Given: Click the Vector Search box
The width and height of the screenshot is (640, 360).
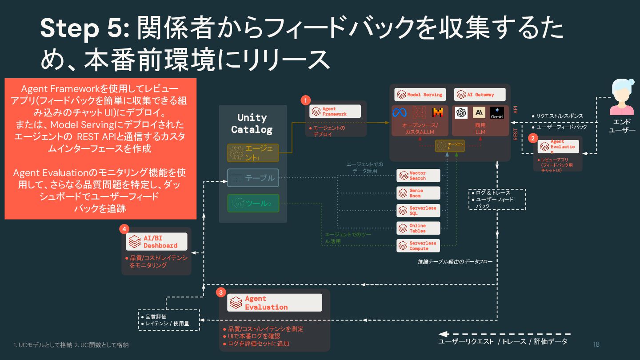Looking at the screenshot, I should (418, 176).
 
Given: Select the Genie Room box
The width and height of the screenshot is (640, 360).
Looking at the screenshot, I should (418, 193).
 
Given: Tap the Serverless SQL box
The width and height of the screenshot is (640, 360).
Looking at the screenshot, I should (418, 210).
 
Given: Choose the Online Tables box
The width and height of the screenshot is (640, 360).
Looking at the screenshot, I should (418, 228).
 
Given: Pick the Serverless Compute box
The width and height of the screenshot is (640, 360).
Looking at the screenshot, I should (418, 246).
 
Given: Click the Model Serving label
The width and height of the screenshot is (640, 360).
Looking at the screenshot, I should (420, 95).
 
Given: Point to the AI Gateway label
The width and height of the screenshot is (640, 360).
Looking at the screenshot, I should (480, 95).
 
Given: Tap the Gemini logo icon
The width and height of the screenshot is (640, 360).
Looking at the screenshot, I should (497, 113).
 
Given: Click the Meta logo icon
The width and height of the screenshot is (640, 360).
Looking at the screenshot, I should (399, 112).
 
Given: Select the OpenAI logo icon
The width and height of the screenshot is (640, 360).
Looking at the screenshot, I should (461, 113).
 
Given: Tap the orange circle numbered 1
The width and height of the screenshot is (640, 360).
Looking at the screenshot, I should (305, 100).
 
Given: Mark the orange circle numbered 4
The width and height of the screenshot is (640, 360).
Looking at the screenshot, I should (124, 229).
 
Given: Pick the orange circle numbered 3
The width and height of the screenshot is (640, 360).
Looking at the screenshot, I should (221, 292).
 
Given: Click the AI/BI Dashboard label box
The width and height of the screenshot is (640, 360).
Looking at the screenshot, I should (156, 242).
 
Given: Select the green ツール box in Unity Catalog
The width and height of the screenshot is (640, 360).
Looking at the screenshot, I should (253, 203).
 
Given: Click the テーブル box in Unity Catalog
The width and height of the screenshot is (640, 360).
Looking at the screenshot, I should (253, 178).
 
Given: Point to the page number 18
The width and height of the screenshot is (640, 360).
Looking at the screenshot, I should (596, 344).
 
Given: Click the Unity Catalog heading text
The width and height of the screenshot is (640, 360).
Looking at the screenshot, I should (252, 124).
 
